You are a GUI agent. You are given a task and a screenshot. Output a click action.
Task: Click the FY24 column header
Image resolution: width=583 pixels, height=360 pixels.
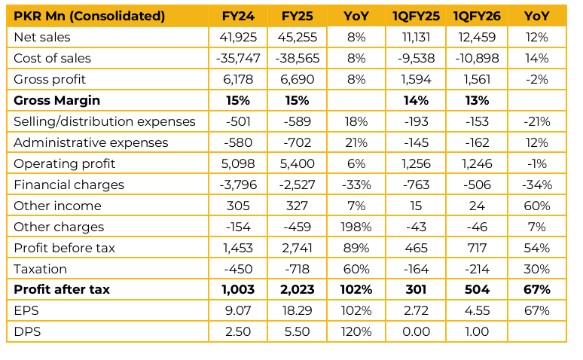point(237,16)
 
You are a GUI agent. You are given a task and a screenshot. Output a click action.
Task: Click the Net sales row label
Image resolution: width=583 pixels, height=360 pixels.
point(41,37)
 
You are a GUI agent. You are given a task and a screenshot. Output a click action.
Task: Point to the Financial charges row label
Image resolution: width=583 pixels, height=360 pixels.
point(69,185)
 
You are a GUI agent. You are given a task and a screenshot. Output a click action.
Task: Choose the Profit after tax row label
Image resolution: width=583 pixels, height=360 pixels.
point(62,290)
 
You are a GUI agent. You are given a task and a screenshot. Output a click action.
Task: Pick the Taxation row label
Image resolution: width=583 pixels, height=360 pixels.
point(40,269)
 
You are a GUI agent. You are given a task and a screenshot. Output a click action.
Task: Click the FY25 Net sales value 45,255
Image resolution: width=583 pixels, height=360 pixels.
point(298,37)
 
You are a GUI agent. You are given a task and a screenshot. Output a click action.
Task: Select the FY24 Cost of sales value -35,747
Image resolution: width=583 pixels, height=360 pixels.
point(237,58)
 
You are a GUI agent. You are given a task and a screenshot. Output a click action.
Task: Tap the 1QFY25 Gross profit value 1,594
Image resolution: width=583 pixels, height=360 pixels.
point(416,79)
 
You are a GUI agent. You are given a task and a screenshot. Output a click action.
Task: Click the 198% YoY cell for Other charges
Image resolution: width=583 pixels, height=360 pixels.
point(356,227)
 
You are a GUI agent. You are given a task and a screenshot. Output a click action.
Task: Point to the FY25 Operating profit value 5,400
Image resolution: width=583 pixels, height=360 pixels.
point(298,163)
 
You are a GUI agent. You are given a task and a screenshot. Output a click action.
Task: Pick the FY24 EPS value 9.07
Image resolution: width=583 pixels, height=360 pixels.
point(237,311)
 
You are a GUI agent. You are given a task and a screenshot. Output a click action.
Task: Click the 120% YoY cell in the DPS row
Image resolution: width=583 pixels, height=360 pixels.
point(356,332)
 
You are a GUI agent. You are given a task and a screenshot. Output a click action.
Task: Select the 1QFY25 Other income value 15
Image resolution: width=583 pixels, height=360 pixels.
point(416,206)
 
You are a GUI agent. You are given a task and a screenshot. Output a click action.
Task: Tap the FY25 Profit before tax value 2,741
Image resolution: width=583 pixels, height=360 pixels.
point(298,248)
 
